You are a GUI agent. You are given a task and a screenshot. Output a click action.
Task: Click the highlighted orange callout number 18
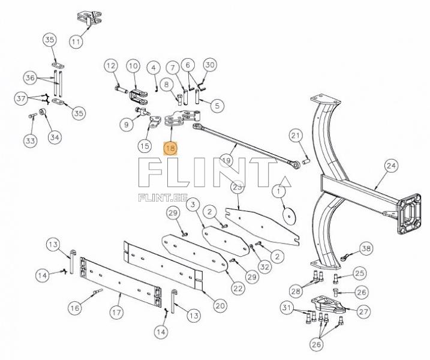point(171,148)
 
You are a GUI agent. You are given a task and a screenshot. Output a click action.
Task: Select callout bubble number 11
point(76,42)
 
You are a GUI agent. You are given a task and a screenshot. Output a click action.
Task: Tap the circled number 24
point(391,165)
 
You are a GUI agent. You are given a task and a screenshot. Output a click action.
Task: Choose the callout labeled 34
point(55,137)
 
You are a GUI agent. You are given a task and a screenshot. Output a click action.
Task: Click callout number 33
point(30,140)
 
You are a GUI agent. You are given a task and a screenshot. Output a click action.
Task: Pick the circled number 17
point(116,312)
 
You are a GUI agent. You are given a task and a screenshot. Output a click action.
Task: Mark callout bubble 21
point(295,136)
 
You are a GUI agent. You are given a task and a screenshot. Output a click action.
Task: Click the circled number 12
point(111,65)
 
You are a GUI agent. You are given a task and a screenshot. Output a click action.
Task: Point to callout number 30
point(209,65)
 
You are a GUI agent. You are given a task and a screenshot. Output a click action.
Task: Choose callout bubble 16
point(74,308)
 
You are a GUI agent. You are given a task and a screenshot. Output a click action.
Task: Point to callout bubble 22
point(239,288)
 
